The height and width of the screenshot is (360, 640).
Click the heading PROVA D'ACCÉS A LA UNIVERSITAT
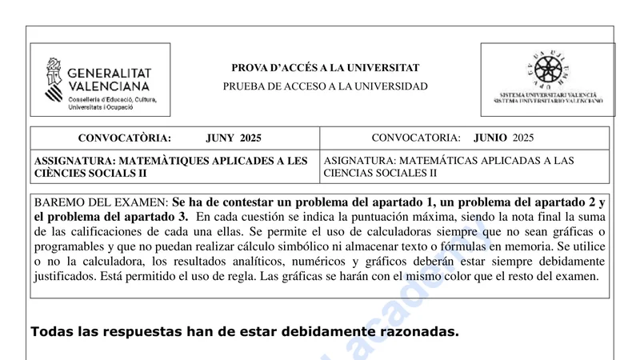tap(325, 68)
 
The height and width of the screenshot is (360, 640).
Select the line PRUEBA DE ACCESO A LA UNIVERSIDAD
tap(325, 86)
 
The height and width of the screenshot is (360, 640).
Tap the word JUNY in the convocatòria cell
tap(221, 138)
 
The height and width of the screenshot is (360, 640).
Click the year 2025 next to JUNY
tap(250, 138)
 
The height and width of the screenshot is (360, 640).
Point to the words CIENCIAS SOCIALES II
tap(381, 173)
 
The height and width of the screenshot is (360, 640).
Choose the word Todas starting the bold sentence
tap(51, 331)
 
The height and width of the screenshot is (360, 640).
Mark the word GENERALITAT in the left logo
tap(110, 72)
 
